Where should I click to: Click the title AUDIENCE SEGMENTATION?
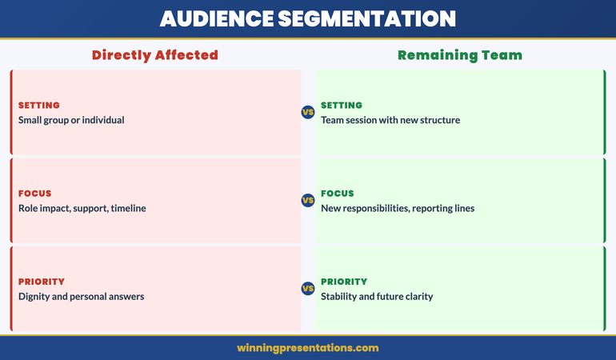(308, 18)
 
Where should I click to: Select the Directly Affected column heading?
(154, 55)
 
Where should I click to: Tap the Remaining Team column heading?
(460, 55)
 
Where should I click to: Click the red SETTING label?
(39, 106)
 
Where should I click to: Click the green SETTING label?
(342, 106)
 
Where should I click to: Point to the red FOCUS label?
(35, 194)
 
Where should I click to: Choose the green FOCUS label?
(338, 194)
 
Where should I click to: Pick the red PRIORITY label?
(42, 282)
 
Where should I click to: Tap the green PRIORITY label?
(344, 282)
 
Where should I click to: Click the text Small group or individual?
(71, 120)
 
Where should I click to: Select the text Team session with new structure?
(390, 120)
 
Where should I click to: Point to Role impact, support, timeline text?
(82, 208)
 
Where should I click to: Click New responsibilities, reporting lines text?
(398, 208)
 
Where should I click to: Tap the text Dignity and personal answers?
(81, 296)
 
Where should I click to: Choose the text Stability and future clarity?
(377, 296)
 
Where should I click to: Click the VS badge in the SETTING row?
(307, 112)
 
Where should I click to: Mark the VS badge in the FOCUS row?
(307, 200)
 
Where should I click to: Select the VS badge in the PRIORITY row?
(307, 288)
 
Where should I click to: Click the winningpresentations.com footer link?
(308, 348)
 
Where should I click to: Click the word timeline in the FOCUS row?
(128, 208)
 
